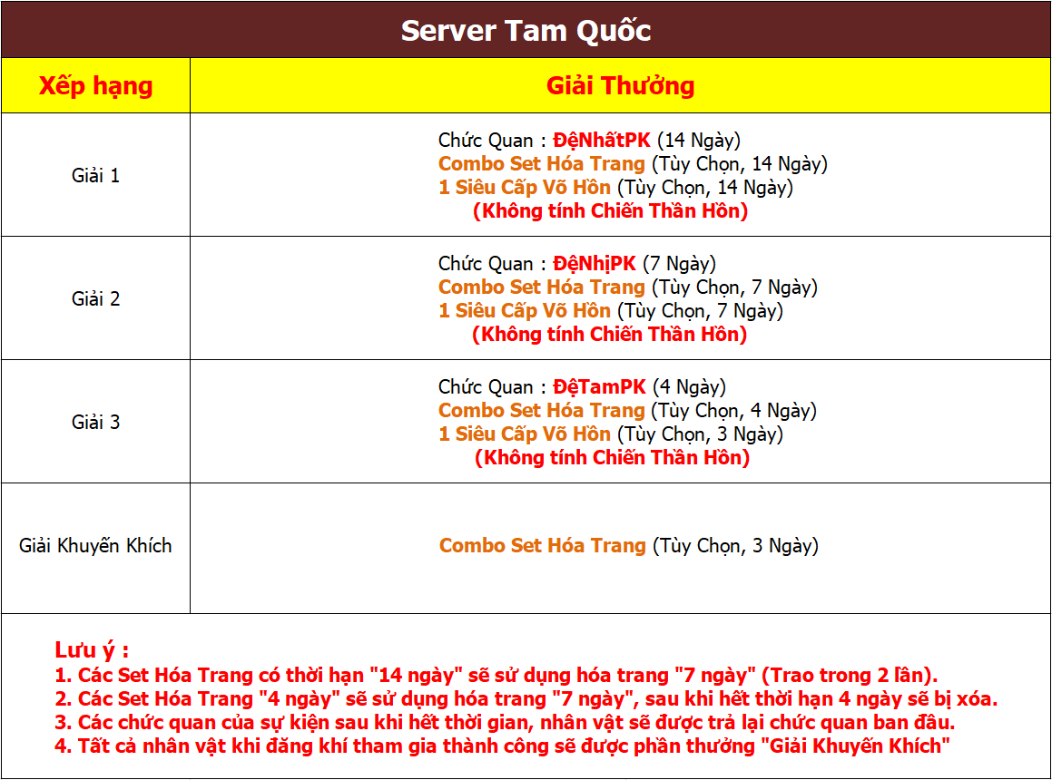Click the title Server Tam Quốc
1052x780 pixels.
point(526,30)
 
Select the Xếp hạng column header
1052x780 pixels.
point(96,86)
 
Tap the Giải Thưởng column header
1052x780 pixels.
point(621,86)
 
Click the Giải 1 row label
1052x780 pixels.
point(96,175)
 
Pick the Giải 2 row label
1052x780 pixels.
point(96,298)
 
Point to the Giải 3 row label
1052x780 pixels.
point(96,422)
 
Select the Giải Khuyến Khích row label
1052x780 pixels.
point(95,545)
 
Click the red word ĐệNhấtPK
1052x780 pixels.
point(602,141)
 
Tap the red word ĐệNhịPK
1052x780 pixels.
point(595,264)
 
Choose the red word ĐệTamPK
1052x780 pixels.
point(599,387)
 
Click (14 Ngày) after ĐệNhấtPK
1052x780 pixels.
point(699,141)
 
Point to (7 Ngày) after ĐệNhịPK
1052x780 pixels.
point(680,264)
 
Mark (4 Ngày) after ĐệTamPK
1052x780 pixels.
point(690,387)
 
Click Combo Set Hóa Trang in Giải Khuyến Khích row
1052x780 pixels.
point(543,545)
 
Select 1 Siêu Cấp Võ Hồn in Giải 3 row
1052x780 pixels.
point(525,434)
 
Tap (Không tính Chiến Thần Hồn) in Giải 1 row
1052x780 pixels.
point(611,211)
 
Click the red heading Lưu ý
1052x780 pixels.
point(92,650)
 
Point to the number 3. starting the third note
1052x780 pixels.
point(64,722)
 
